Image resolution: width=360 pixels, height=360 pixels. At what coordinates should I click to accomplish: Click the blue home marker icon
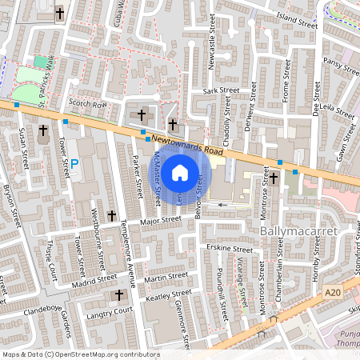[x=180, y=172]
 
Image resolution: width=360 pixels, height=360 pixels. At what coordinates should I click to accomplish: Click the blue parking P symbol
[x=74, y=164]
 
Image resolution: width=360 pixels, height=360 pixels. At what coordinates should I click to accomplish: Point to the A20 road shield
[x=334, y=294]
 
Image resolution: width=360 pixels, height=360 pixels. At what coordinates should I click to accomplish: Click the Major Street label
[x=160, y=219]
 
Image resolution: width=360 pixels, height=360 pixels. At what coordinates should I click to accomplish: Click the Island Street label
[x=297, y=20]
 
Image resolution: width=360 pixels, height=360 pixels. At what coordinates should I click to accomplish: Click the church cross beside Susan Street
[x=42, y=130]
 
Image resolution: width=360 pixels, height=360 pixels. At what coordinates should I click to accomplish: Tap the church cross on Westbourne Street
[x=112, y=215]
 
